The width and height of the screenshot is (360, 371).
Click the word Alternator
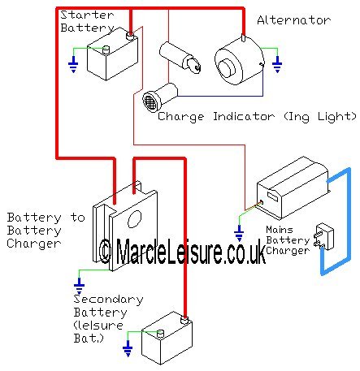click(293, 20)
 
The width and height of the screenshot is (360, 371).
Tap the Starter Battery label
click(87, 21)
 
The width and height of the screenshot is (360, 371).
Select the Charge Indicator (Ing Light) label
click(257, 117)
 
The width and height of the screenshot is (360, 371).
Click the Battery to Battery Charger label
click(46, 231)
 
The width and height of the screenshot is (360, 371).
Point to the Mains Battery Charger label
click(288, 240)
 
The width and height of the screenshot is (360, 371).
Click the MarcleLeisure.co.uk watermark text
click(182, 251)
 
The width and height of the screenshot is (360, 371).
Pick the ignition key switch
click(180, 58)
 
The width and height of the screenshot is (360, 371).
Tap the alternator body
click(239, 63)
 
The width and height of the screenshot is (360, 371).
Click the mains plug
click(323, 236)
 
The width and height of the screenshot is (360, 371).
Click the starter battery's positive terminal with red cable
click(130, 36)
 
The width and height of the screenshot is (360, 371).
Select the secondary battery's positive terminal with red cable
click(184, 320)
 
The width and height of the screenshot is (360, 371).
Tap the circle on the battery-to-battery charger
click(135, 219)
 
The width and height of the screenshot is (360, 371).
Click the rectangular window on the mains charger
click(272, 196)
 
